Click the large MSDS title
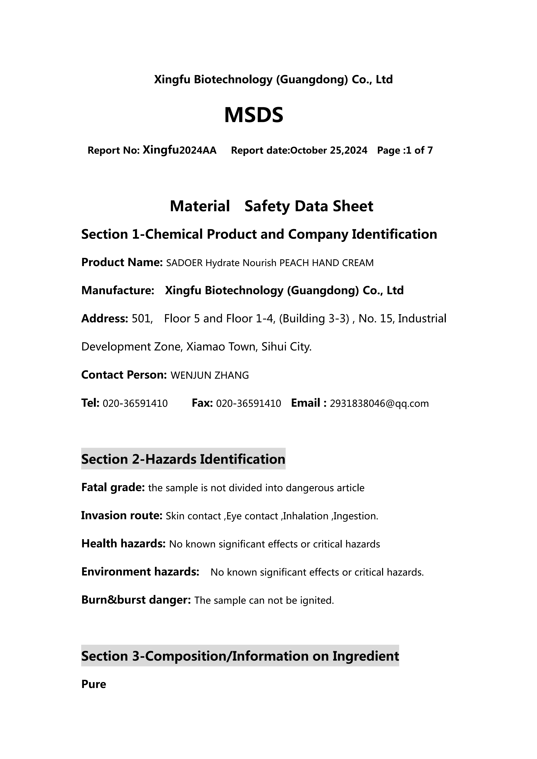pos(254,115)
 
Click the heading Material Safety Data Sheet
pos(271,206)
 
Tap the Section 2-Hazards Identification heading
pos(183,459)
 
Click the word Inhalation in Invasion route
pos(305,516)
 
